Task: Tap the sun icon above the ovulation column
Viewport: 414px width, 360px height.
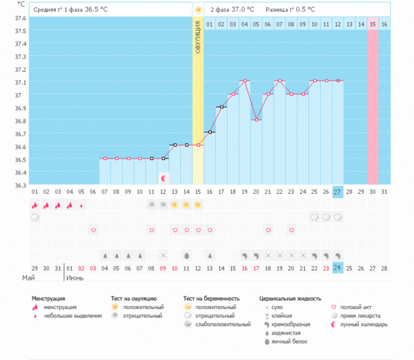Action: pos(198,10)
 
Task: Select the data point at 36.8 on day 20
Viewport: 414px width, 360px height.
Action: pos(257,120)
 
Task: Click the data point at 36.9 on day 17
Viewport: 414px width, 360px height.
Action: pos(221,107)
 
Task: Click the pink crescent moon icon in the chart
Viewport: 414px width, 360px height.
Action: pos(163,178)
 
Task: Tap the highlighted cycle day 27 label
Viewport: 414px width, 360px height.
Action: pos(337,191)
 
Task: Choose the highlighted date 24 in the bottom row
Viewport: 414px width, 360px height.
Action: pos(337,267)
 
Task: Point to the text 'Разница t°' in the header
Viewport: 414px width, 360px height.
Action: pos(282,10)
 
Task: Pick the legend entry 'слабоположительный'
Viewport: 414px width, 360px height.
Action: pos(222,323)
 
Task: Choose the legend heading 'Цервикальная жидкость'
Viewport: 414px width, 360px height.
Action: pos(290,298)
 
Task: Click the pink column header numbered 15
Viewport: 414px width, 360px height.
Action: pos(373,24)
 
